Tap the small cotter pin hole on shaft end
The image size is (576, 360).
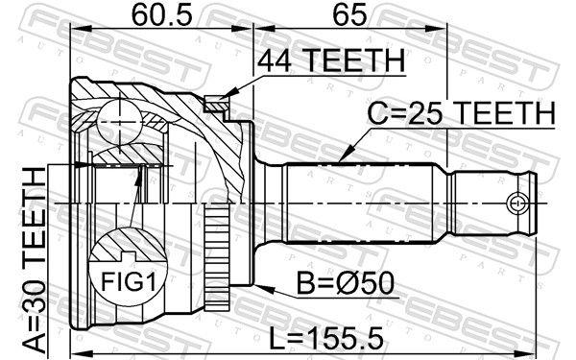tap(518, 203)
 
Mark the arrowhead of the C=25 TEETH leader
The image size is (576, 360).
tap(342, 157)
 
